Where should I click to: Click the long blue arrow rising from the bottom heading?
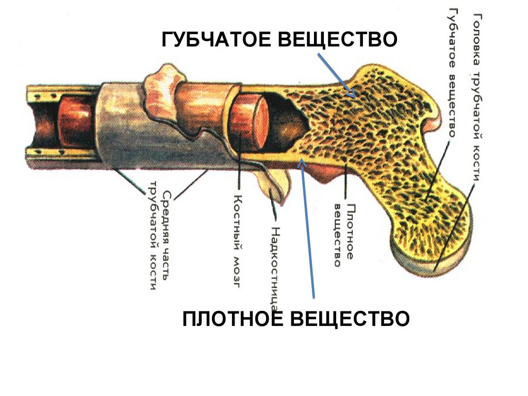coord(308,227)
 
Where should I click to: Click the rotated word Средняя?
coord(167,208)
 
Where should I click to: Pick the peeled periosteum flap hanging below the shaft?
coord(273,183)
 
